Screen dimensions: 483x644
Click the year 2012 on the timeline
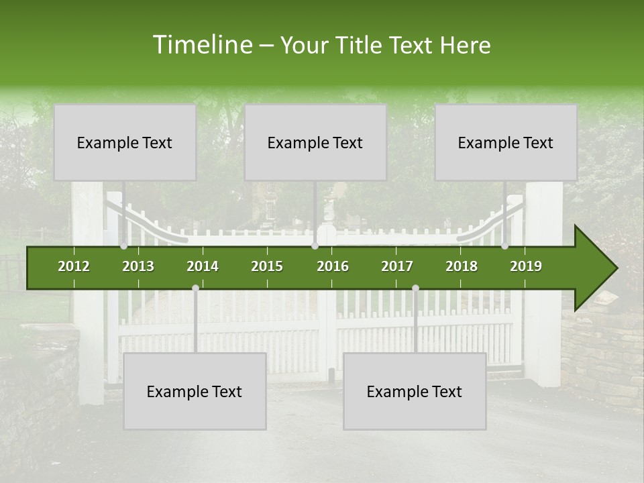point(74,266)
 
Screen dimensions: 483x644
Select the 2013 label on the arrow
point(138,266)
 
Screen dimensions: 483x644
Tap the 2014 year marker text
point(203,266)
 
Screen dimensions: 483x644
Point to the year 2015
point(267,266)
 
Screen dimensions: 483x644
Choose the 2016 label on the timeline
point(333,266)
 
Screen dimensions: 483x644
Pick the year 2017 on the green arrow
point(397,266)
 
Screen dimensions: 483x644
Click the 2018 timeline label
point(462,266)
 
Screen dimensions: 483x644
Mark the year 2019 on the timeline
point(526,266)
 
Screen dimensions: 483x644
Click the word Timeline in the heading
point(201,45)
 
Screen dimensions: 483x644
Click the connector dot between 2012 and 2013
point(123,246)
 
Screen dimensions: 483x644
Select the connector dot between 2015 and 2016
point(315,246)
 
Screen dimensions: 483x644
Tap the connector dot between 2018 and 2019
point(504,246)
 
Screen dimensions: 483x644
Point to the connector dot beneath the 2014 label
point(195,288)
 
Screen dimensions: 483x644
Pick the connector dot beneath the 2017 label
point(415,288)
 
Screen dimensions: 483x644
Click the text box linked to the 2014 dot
point(195,391)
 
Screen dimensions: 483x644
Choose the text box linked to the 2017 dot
point(415,391)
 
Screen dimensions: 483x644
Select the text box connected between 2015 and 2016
point(315,142)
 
